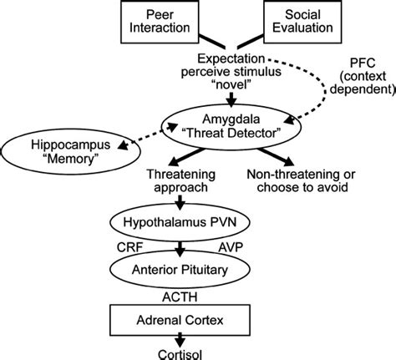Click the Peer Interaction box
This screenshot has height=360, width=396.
pos(160,22)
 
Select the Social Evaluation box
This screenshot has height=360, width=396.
pos(302,22)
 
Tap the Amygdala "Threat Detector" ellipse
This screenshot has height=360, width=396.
pos(231,127)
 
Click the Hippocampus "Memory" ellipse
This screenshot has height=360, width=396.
pos(71,152)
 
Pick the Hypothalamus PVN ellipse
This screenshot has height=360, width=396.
pos(180,222)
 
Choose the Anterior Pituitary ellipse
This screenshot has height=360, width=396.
pos(180,270)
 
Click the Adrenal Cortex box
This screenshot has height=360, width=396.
pos(180,320)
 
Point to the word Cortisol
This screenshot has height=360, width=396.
pos(180,354)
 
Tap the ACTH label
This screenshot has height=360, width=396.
pos(180,297)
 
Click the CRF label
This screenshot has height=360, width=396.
pos(129,247)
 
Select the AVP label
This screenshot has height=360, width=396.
pos(231,247)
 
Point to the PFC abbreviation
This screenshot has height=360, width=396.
pos(363,63)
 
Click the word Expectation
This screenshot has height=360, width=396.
pos(231,58)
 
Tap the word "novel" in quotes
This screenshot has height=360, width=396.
pos(231,84)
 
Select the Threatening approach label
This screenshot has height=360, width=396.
pos(181,180)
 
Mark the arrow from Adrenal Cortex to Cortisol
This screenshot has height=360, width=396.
pos(180,340)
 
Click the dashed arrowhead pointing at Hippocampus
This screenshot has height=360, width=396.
pos(123,145)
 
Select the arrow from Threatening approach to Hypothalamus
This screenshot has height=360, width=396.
pos(180,203)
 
